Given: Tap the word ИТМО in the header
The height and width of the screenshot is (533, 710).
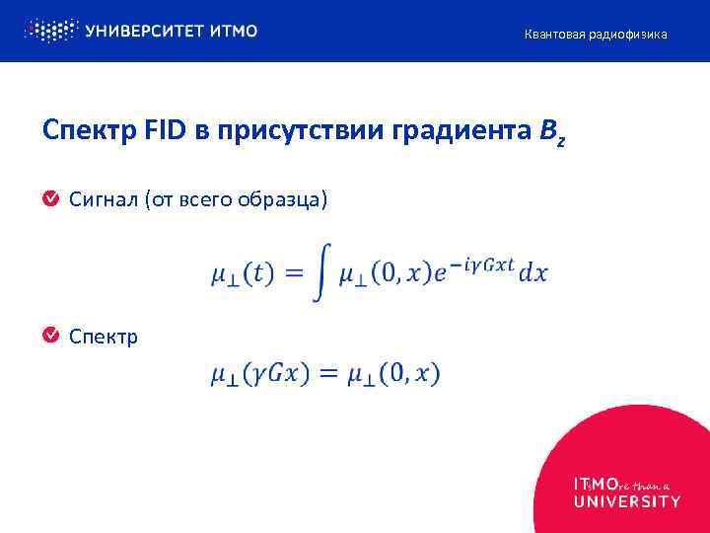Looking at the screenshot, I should coord(234,31).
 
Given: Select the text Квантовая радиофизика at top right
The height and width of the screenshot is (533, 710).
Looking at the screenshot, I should coord(595,35).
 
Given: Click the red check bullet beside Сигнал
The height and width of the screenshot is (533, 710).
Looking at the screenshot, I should coord(50,200).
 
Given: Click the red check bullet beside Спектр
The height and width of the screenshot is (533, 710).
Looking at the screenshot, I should coord(50,337).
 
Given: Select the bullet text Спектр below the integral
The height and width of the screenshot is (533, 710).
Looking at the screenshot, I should coord(104,338).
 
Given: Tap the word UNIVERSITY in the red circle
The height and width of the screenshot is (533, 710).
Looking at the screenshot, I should coord(626,501).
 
